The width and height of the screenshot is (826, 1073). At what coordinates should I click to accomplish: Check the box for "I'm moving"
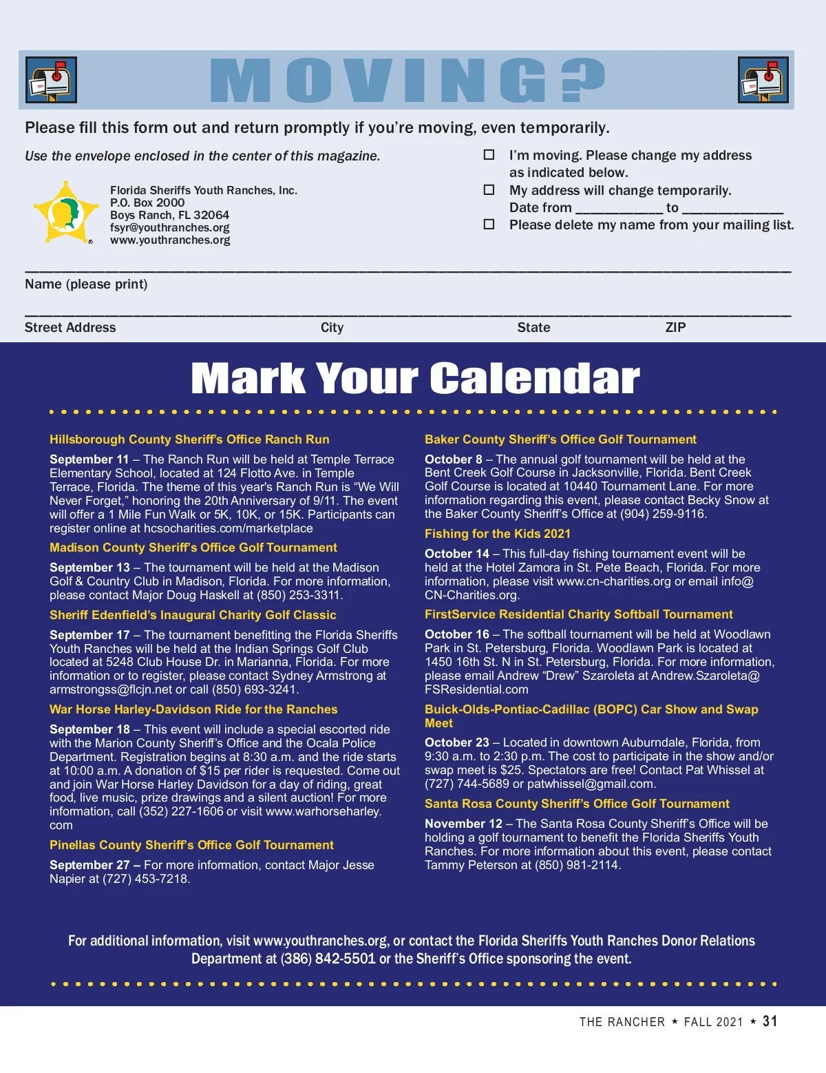[489, 155]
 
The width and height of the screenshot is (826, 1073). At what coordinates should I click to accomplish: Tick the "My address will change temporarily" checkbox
[489, 189]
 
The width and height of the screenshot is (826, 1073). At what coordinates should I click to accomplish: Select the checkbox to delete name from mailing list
[489, 224]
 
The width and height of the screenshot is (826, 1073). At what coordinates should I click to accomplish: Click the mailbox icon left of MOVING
[51, 80]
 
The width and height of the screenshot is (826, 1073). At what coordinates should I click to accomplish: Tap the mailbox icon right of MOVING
[763, 80]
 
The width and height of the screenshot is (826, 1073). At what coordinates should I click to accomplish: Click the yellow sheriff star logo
[66, 212]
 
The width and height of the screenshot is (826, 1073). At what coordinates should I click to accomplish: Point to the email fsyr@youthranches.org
[169, 227]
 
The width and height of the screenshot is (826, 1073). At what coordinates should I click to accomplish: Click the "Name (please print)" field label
[86, 284]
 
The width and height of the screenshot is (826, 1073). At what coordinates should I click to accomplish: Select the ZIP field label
[675, 327]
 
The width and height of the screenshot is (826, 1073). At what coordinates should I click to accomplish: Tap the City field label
[332, 327]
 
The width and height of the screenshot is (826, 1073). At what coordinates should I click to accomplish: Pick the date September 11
[89, 459]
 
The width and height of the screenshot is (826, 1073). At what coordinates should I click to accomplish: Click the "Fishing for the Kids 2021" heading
[497, 534]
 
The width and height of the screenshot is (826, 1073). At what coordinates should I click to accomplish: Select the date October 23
[456, 742]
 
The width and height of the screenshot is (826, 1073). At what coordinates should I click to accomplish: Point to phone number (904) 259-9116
[664, 514]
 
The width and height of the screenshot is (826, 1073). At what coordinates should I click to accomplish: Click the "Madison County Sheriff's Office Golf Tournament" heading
[193, 548]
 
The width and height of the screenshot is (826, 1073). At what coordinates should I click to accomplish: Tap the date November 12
[463, 824]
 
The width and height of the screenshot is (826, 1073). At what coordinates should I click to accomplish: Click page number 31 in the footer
[770, 1021]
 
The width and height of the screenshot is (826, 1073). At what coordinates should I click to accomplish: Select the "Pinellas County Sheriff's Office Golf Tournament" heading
[191, 845]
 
